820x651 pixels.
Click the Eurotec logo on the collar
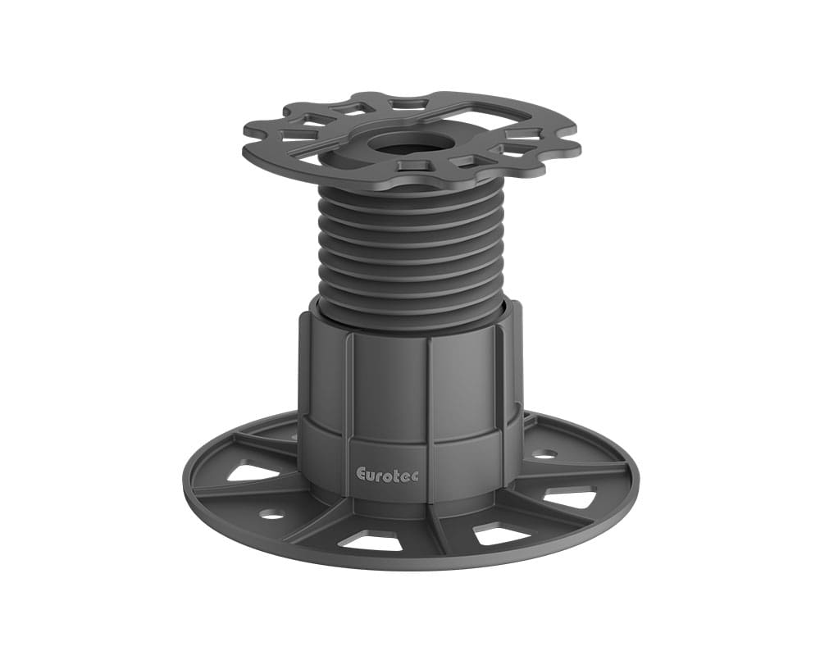point(387,474)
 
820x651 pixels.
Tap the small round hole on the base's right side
point(544,453)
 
